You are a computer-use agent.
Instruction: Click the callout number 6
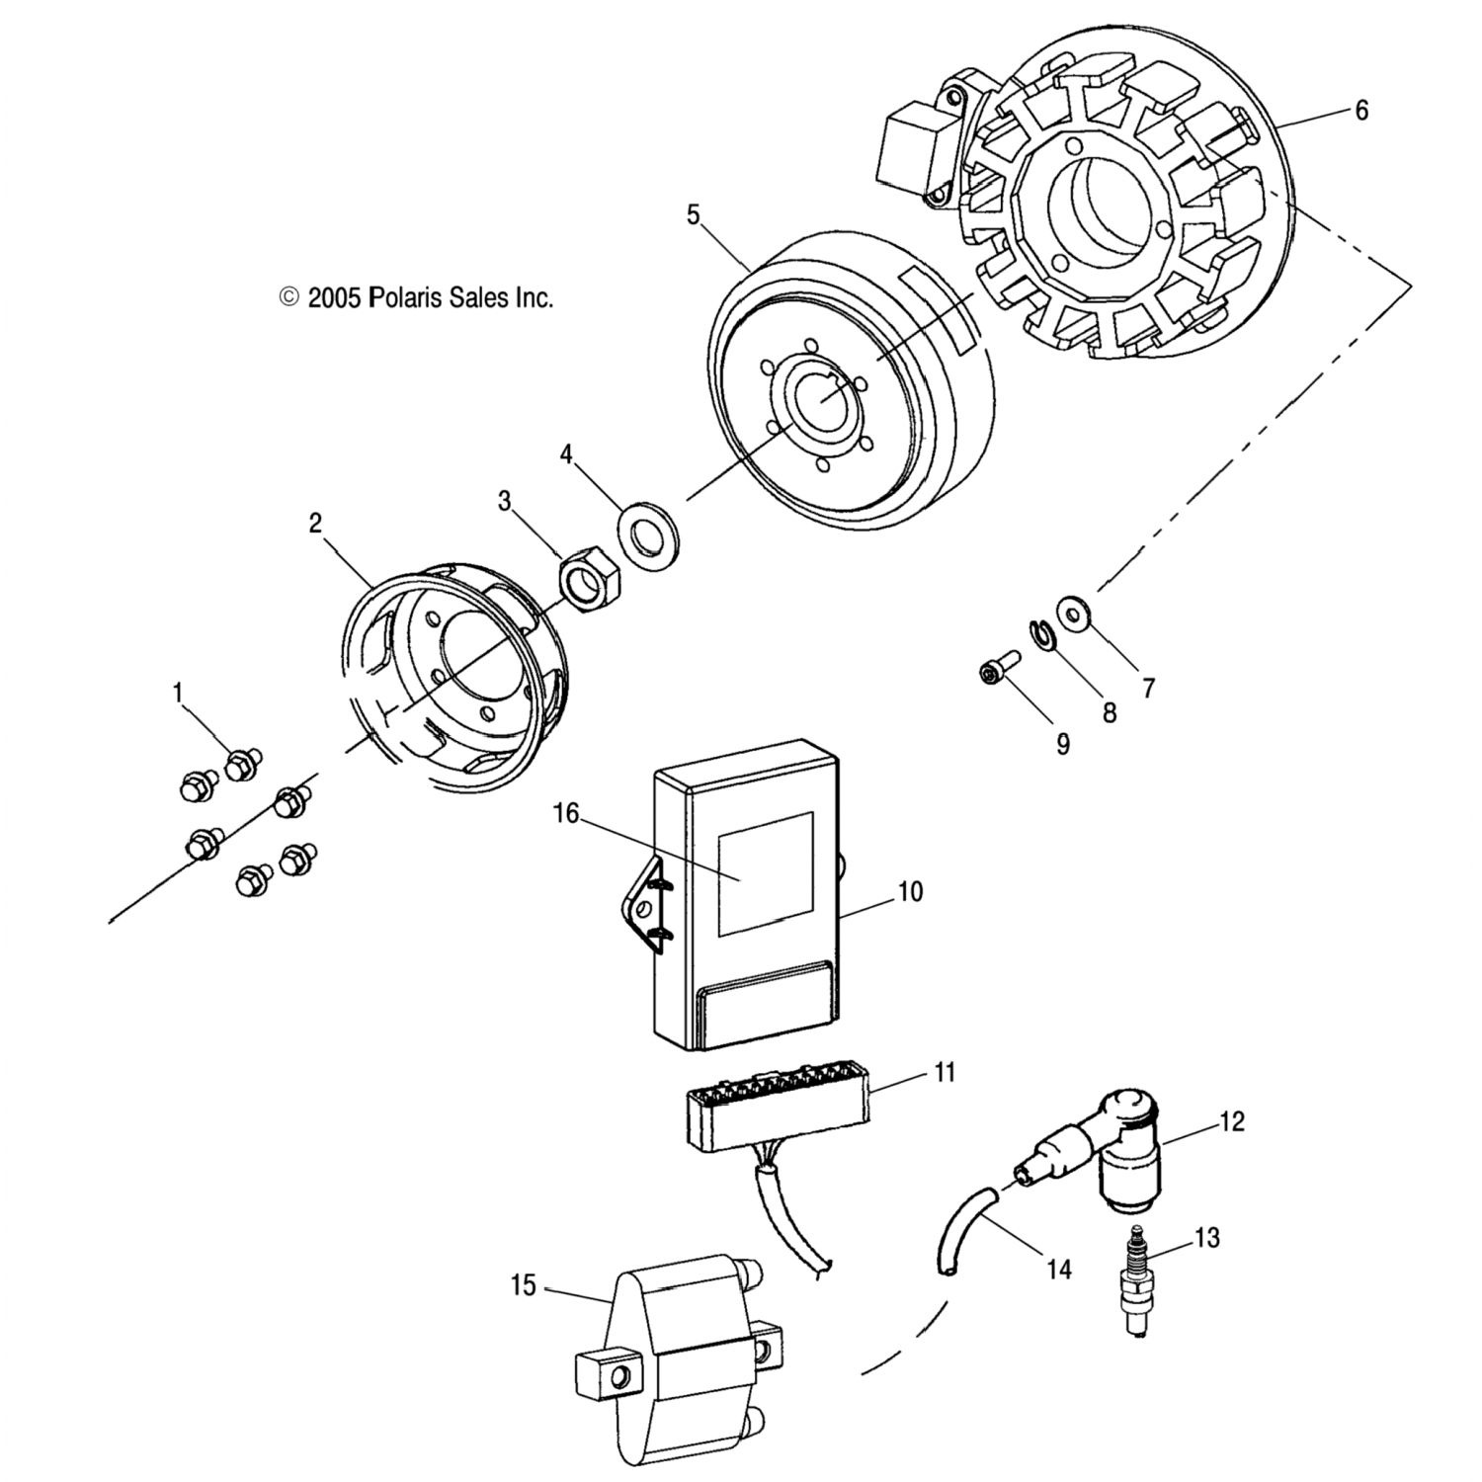[1361, 111]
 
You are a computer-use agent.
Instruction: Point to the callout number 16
[566, 813]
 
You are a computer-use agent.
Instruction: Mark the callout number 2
[315, 523]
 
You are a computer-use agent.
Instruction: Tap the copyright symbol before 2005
[289, 296]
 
